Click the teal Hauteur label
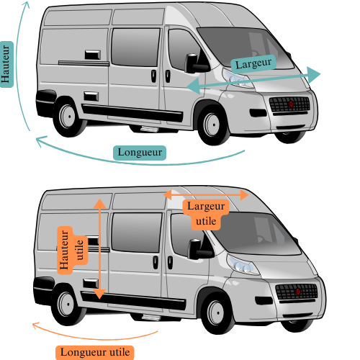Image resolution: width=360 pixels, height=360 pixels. (6, 64)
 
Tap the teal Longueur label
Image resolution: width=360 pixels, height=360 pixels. (140, 153)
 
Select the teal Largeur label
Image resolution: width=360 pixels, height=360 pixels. (253, 64)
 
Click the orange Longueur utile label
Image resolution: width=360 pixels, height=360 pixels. (95, 353)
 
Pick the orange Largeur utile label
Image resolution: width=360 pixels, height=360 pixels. (206, 214)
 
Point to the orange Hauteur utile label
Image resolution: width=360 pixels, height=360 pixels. (71, 250)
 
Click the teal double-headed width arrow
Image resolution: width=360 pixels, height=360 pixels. (253, 80)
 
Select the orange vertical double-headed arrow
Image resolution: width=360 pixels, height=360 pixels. (99, 248)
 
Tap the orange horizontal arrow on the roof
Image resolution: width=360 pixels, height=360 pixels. (206, 194)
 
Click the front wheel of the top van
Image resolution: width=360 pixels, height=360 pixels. (212, 125)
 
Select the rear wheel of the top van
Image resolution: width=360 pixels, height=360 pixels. (68, 117)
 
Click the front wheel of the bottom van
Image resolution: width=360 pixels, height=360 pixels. (217, 313)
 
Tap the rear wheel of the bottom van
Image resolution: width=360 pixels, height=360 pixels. (67, 305)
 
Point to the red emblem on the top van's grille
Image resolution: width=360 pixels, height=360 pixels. (291, 104)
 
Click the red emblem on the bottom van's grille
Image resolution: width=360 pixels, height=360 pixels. (298, 292)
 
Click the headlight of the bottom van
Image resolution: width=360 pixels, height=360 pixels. (243, 265)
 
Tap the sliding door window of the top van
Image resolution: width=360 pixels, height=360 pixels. (135, 48)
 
